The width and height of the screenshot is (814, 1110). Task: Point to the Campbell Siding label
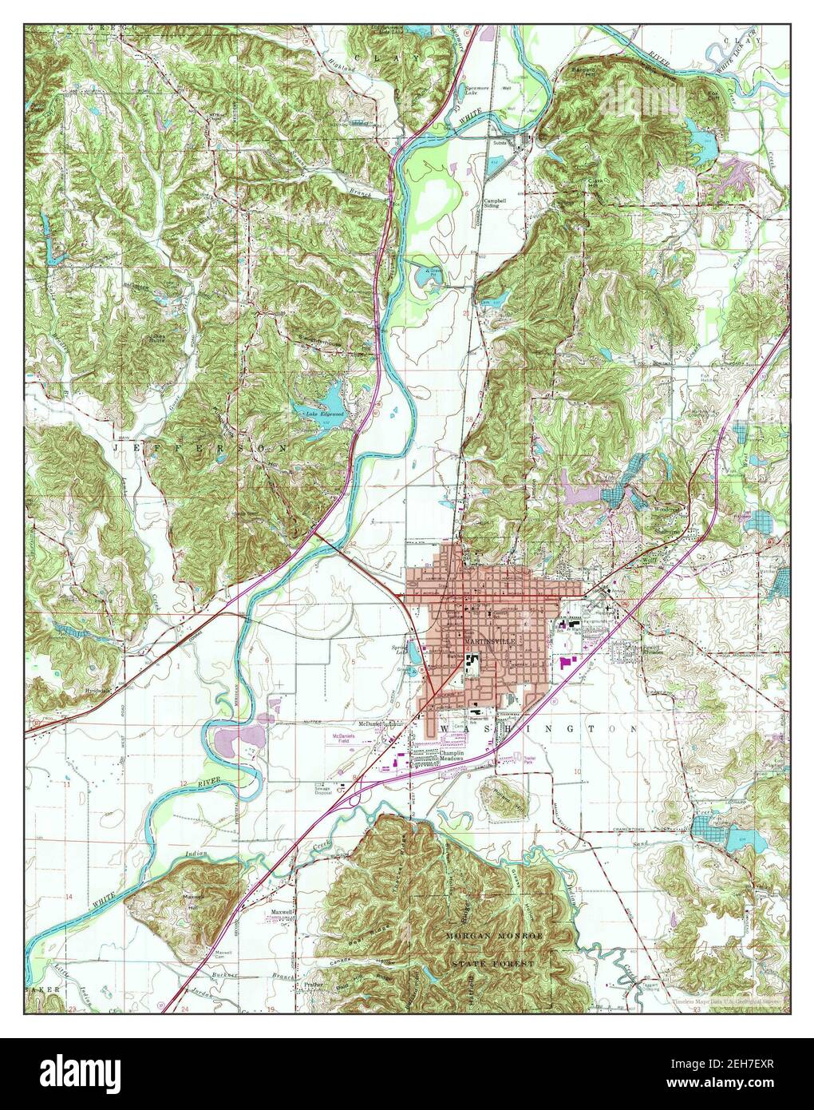click(x=496, y=202)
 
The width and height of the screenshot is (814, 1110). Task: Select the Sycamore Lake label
click(x=478, y=92)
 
